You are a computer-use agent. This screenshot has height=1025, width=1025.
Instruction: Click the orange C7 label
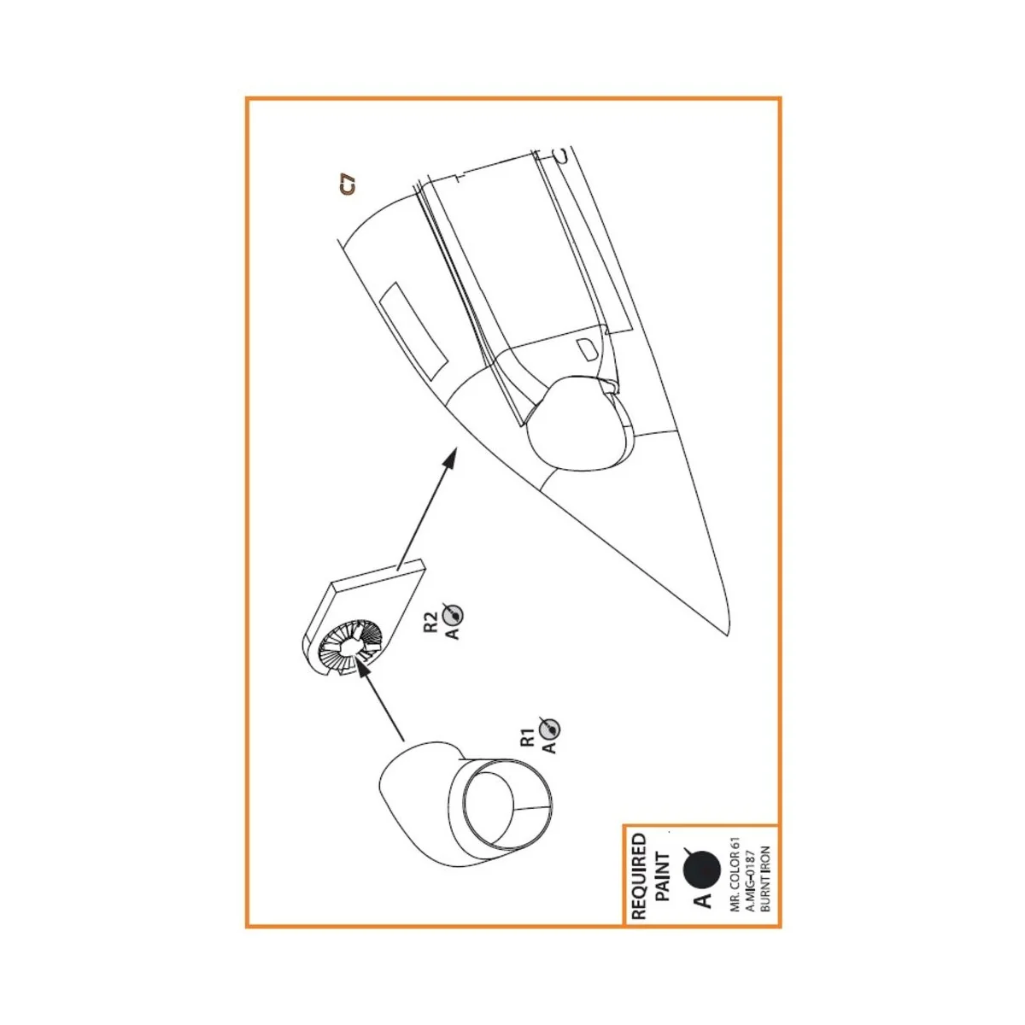[347, 185]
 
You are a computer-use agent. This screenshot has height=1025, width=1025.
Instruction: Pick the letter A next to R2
[453, 633]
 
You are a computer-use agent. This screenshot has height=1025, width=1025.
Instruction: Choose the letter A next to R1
[549, 747]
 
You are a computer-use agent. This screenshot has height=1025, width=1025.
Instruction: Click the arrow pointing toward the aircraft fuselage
[423, 512]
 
